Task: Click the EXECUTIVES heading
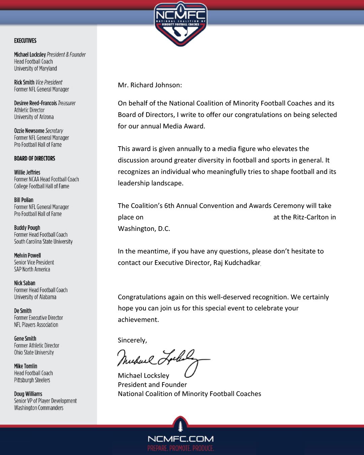pyautogui.click(x=25, y=41)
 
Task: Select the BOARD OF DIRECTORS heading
pyautogui.click(x=34, y=158)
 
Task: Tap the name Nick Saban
pyautogui.click(x=25, y=283)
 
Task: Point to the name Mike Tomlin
pyautogui.click(x=26, y=366)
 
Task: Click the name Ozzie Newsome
pyautogui.click(x=29, y=131)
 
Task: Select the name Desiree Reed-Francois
pyautogui.click(x=35, y=103)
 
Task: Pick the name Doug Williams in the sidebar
pyautogui.click(x=28, y=394)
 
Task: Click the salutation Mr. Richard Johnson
pyautogui.click(x=150, y=85)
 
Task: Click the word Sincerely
pyautogui.click(x=132, y=340)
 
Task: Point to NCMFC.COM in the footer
pyautogui.click(x=180, y=439)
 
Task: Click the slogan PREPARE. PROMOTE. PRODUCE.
pyautogui.click(x=180, y=448)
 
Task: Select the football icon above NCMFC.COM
pyautogui.click(x=180, y=426)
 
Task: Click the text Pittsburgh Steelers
pyautogui.click(x=32, y=380)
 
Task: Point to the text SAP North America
pyautogui.click(x=32, y=269)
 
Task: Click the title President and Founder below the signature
pyautogui.click(x=152, y=385)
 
